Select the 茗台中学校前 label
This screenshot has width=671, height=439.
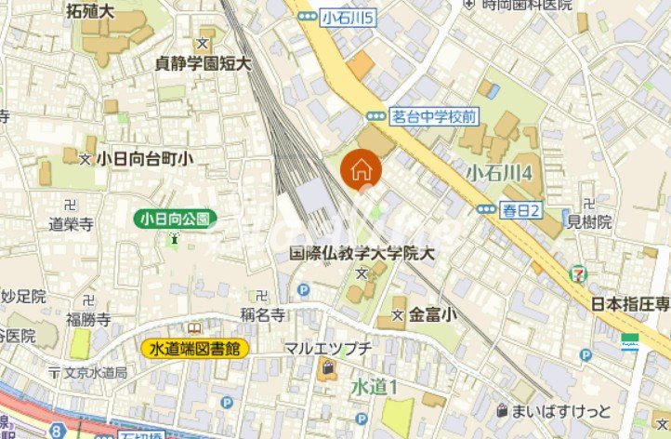[x=433, y=115]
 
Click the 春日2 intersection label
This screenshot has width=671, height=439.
[x=521, y=209]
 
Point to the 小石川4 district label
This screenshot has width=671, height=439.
[x=499, y=172]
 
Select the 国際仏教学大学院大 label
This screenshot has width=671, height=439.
[x=362, y=253]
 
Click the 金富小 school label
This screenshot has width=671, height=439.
[x=433, y=316]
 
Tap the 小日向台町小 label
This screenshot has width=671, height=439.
[x=144, y=159]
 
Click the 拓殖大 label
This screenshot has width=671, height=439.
[x=90, y=11]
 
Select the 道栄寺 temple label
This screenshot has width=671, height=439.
[x=72, y=223]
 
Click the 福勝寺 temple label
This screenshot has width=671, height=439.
[x=89, y=320]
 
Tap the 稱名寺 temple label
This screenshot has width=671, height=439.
[x=262, y=314]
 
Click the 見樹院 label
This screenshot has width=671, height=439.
[x=589, y=221]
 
